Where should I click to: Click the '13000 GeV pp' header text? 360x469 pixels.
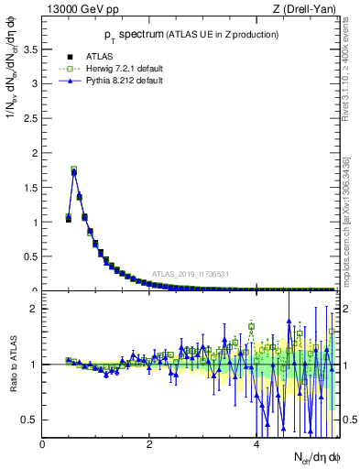(x=79, y=9)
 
